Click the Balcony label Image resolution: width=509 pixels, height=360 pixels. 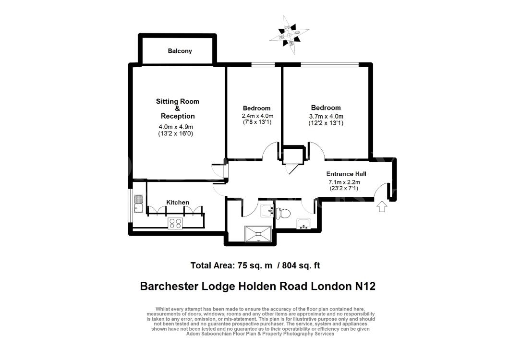click(x=180, y=51)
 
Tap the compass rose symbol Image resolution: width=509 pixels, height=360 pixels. click(x=289, y=35)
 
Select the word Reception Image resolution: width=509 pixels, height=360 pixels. click(x=178, y=116)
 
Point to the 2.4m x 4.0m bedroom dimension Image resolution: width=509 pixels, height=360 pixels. click(x=257, y=116)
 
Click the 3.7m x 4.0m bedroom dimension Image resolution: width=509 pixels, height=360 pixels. click(x=326, y=116)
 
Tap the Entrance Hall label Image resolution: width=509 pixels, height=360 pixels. click(x=346, y=174)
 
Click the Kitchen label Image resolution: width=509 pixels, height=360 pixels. click(x=178, y=203)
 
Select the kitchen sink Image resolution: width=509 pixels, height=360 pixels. click(x=139, y=204)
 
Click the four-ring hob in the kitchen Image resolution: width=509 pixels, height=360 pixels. click(x=175, y=223)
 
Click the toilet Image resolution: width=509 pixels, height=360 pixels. click(x=283, y=213)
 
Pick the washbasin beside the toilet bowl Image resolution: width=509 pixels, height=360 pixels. click(x=267, y=211)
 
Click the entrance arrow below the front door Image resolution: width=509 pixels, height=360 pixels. click(x=382, y=206)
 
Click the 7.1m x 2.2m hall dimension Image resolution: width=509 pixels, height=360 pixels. click(x=344, y=182)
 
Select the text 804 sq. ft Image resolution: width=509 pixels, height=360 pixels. click(x=301, y=265)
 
